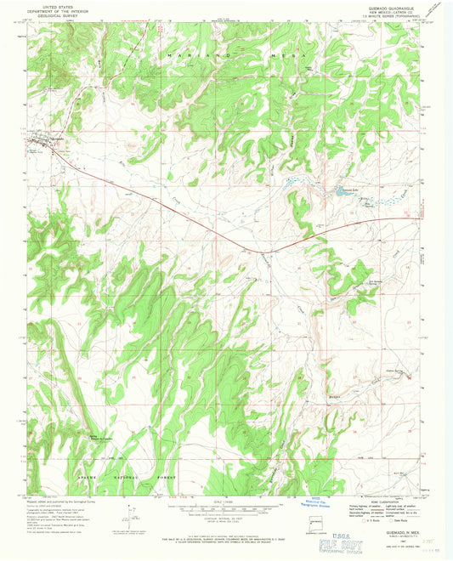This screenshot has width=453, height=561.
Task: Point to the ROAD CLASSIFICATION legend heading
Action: [383, 503]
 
